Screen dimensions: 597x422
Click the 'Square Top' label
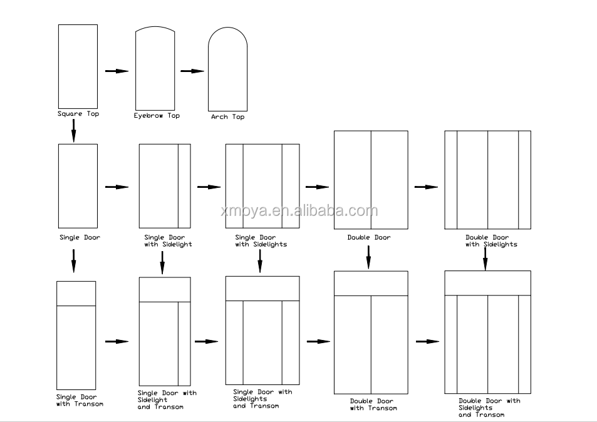coord(78,114)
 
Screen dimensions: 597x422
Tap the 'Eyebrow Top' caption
coord(157,116)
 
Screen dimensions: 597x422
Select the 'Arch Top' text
coord(227,117)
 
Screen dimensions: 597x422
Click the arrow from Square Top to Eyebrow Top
coord(117,71)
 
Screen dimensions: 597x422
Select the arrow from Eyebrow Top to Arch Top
coord(192,71)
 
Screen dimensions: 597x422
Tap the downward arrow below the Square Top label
coord(73,131)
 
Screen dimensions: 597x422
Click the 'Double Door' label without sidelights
coord(369,238)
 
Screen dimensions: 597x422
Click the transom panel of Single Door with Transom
coord(76,294)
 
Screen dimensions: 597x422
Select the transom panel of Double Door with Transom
coord(371,284)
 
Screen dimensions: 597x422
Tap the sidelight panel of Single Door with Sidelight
coord(184,186)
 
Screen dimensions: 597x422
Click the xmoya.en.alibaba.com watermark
coord(299,210)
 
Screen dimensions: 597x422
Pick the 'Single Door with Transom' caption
coord(79,401)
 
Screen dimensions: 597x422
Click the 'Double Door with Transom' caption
coord(373,404)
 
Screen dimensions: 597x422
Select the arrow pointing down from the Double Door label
coord(368,257)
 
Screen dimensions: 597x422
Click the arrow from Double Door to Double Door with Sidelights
coord(426,187)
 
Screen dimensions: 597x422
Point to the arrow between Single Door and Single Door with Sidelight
coord(117,187)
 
